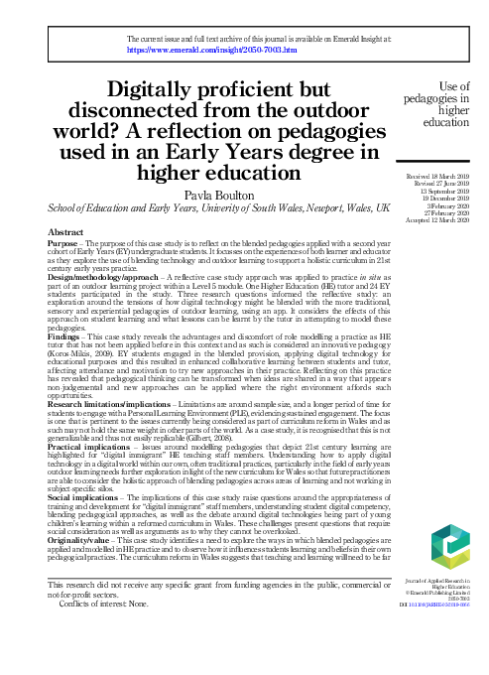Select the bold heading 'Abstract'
[x=66, y=230]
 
